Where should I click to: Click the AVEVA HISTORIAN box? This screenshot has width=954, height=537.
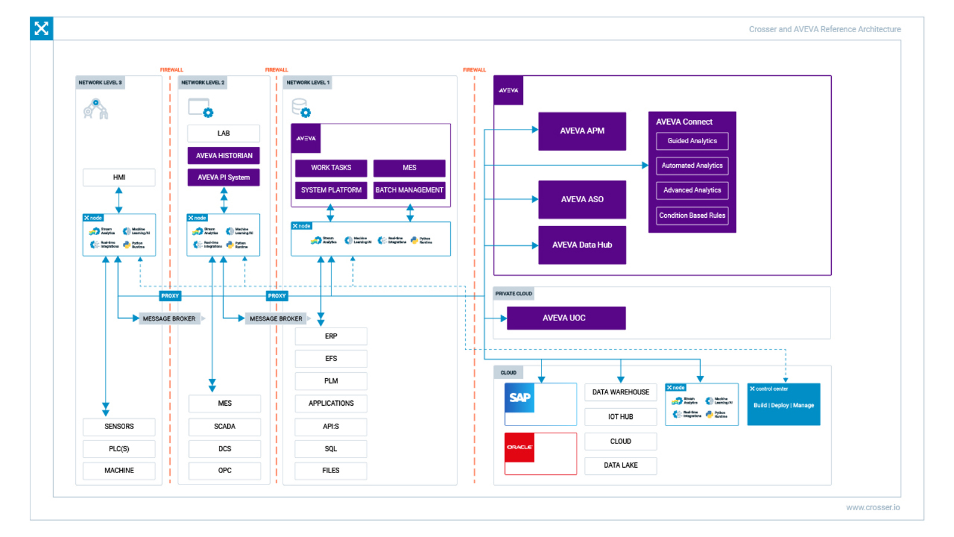point(224,156)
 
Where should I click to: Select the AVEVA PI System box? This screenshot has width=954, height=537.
point(224,177)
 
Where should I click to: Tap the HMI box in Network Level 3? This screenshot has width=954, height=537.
point(119,177)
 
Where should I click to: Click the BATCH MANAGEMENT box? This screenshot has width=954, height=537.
point(409,190)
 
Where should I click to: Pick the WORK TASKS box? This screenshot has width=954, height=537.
point(331,168)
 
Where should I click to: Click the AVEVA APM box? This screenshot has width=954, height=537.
point(582,131)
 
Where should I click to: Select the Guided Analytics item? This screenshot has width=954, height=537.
point(692,141)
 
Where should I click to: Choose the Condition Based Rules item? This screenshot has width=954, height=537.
point(692,215)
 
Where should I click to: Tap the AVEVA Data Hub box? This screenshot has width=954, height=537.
point(582,245)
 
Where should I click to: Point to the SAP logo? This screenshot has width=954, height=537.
point(519,398)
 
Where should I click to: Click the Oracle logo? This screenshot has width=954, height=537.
point(519,447)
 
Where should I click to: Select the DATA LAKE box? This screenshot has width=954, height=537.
point(620,465)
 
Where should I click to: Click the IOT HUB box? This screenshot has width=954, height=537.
point(620,416)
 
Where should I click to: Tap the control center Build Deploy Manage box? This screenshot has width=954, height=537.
point(783,405)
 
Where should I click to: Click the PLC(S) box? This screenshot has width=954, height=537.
point(119,449)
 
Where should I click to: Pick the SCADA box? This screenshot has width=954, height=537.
point(225,427)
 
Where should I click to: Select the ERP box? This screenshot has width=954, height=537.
point(331,337)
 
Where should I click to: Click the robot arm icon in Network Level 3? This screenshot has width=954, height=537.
point(95,109)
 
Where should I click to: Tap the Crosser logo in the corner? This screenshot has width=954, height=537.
point(41,28)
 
